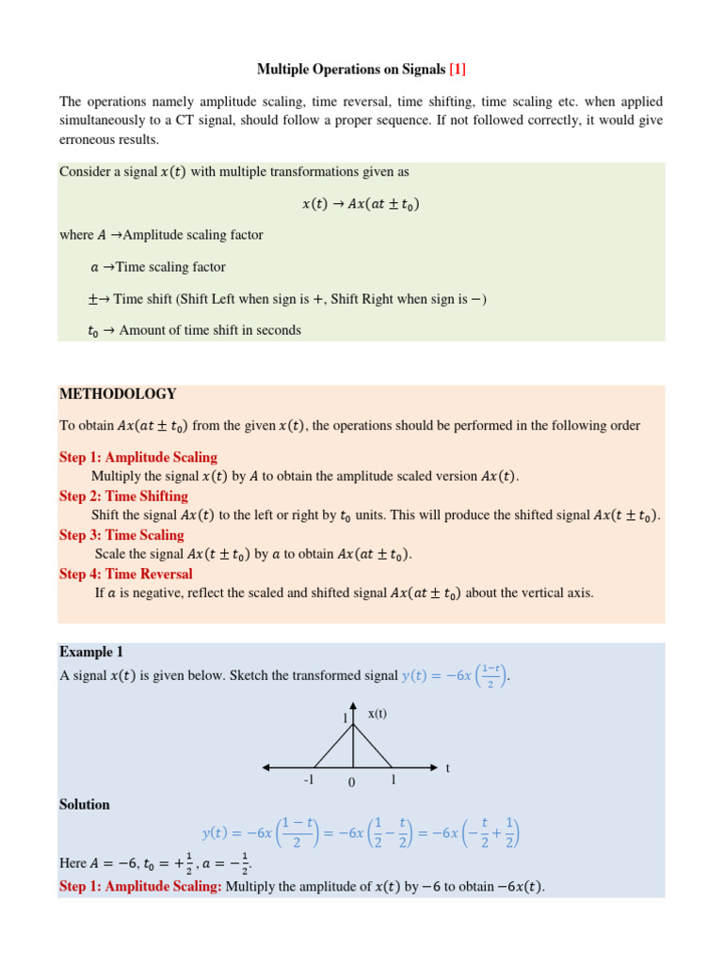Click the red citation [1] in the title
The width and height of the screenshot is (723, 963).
pos(458,70)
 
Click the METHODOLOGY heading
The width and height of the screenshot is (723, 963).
pos(118,394)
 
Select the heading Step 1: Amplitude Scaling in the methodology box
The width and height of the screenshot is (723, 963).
pos(138,457)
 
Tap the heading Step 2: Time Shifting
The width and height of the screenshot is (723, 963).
pos(123,496)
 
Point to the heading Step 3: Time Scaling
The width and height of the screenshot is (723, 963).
pos(121,534)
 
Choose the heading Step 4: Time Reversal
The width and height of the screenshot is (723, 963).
pos(126,574)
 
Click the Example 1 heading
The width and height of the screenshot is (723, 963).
pos(91,652)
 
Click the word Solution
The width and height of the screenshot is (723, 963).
pos(85,804)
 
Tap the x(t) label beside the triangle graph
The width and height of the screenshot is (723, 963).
pos(377,714)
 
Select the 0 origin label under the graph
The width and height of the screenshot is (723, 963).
pos(351,783)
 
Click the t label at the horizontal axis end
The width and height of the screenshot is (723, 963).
pos(448,768)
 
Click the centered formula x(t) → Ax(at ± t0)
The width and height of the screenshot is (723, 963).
pos(361,203)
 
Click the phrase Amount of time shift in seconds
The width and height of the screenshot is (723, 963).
pos(210,330)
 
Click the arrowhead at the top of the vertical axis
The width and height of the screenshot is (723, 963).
pos(353,705)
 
